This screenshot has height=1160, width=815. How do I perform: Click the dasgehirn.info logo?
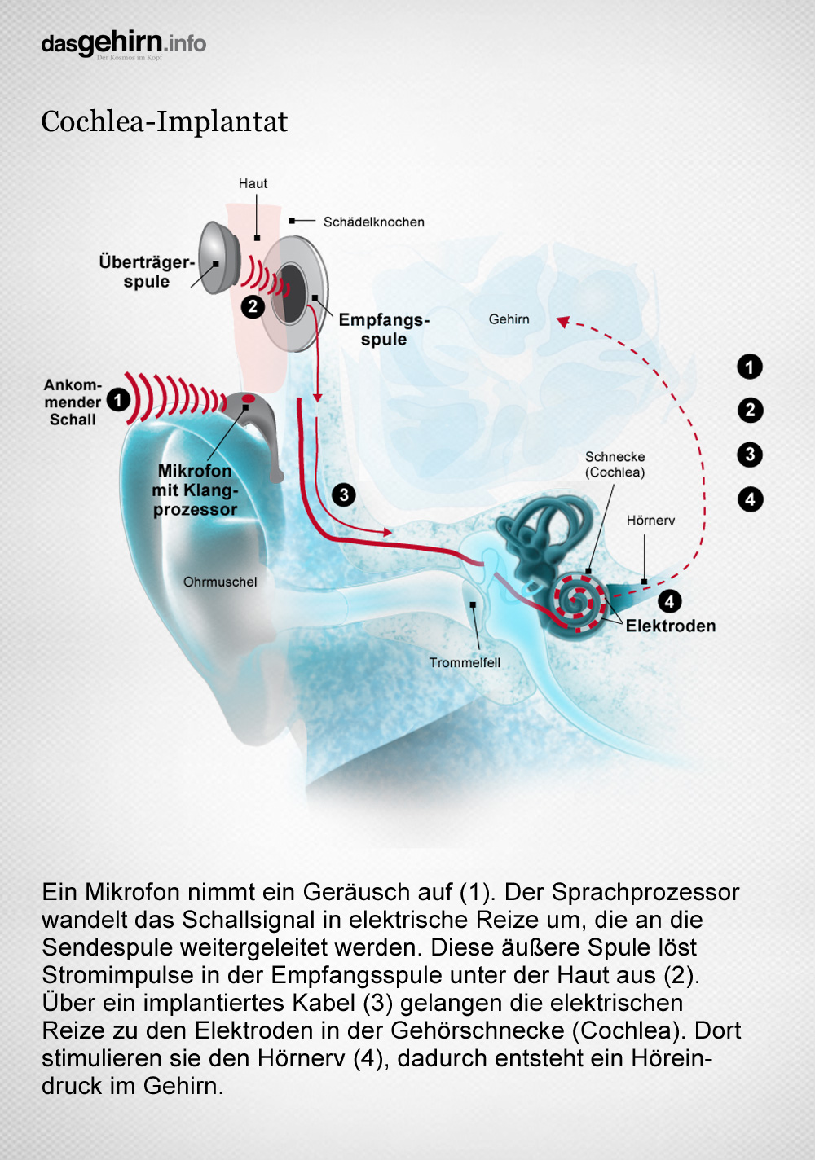(123, 45)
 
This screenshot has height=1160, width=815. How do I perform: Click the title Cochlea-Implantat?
(165, 122)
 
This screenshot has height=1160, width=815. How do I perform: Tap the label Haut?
(253, 183)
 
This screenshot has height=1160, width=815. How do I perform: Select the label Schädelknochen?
(373, 222)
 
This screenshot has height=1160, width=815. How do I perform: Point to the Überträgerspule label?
(147, 271)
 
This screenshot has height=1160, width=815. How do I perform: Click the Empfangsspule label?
(384, 329)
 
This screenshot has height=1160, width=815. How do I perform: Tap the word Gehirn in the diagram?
(509, 319)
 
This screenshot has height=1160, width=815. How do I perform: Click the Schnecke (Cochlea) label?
(615, 464)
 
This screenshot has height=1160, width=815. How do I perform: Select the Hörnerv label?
(650, 521)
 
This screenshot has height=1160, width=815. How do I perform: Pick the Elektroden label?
(671, 626)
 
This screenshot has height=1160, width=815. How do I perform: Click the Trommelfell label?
(465, 663)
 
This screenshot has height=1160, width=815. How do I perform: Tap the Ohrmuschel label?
(220, 582)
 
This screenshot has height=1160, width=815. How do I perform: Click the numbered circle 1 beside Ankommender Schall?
(118, 400)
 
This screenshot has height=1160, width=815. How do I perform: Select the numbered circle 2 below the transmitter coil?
(253, 307)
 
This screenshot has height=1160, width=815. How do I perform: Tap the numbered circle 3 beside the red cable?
(344, 495)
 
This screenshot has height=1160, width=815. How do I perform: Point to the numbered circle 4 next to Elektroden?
(669, 602)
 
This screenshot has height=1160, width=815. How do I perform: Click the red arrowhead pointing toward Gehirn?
(562, 322)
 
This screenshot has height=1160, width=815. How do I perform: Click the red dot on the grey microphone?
(249, 398)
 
